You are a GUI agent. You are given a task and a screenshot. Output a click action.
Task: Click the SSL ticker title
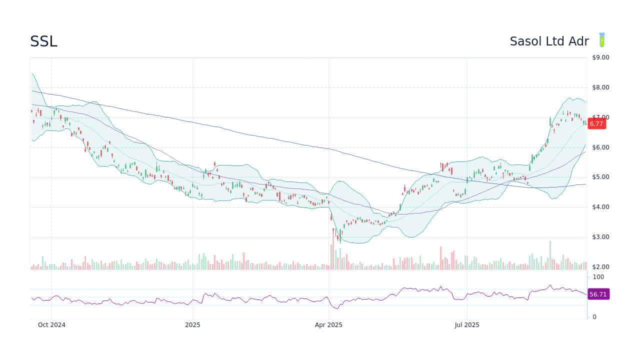[x=43, y=42]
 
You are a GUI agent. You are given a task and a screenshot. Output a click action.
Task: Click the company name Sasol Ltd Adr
[x=549, y=41]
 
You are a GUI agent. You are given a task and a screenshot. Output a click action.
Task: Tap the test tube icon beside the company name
[x=602, y=40]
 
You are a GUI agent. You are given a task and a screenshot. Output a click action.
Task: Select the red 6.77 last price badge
[x=596, y=123]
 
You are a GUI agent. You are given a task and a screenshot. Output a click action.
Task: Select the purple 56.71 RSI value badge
[x=598, y=294]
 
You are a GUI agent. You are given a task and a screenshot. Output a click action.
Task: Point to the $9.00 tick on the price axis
[x=600, y=57]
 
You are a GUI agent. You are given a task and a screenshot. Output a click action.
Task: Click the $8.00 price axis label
[x=600, y=87]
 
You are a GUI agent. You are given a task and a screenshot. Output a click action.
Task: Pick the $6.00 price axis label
[x=600, y=147]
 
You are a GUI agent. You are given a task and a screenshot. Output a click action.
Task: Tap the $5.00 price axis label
[x=600, y=177]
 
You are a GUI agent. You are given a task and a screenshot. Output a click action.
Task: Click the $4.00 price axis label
[x=600, y=207]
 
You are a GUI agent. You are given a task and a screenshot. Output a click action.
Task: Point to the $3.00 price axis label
[x=600, y=237]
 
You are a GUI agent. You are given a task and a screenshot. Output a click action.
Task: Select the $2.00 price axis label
[x=600, y=267]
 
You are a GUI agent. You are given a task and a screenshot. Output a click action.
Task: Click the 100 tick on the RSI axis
[x=598, y=277]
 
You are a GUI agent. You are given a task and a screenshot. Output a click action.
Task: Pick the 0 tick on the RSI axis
[x=594, y=317]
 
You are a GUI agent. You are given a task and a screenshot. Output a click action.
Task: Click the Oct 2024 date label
[x=51, y=325]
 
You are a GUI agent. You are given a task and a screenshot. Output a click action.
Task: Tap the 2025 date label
[x=192, y=325]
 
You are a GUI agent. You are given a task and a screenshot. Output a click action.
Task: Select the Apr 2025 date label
[x=328, y=325]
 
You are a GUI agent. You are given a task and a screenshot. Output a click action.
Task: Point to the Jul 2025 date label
[x=467, y=325]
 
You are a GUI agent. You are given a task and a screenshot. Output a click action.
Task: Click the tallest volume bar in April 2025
[x=333, y=250]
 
